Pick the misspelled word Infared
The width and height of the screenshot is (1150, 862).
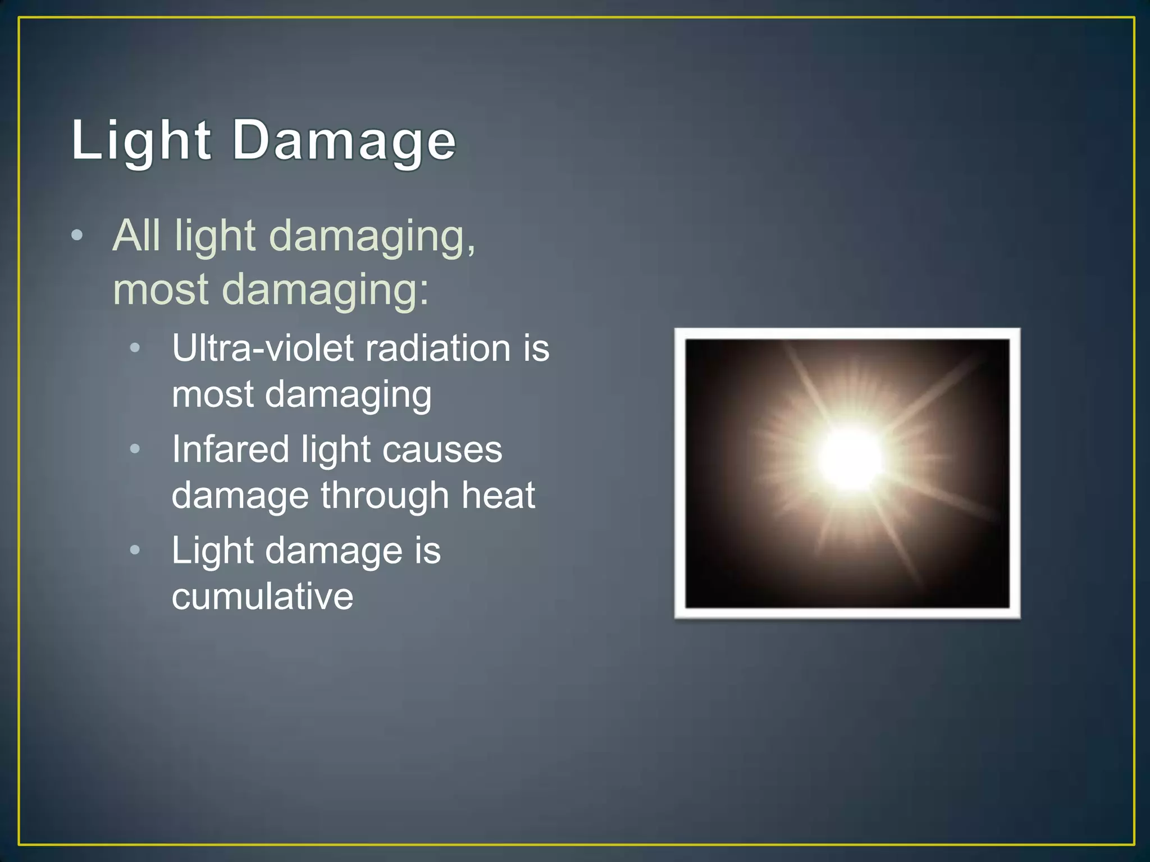click(231, 450)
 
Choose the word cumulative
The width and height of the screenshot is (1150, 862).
click(262, 596)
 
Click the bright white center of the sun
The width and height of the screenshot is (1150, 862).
click(850, 457)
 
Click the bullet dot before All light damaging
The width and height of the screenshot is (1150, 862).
click(77, 236)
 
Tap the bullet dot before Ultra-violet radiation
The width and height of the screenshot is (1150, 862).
click(135, 348)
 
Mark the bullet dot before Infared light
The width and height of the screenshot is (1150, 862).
click(135, 449)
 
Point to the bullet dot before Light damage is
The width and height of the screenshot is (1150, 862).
click(135, 550)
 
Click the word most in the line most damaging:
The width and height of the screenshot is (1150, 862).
click(161, 290)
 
